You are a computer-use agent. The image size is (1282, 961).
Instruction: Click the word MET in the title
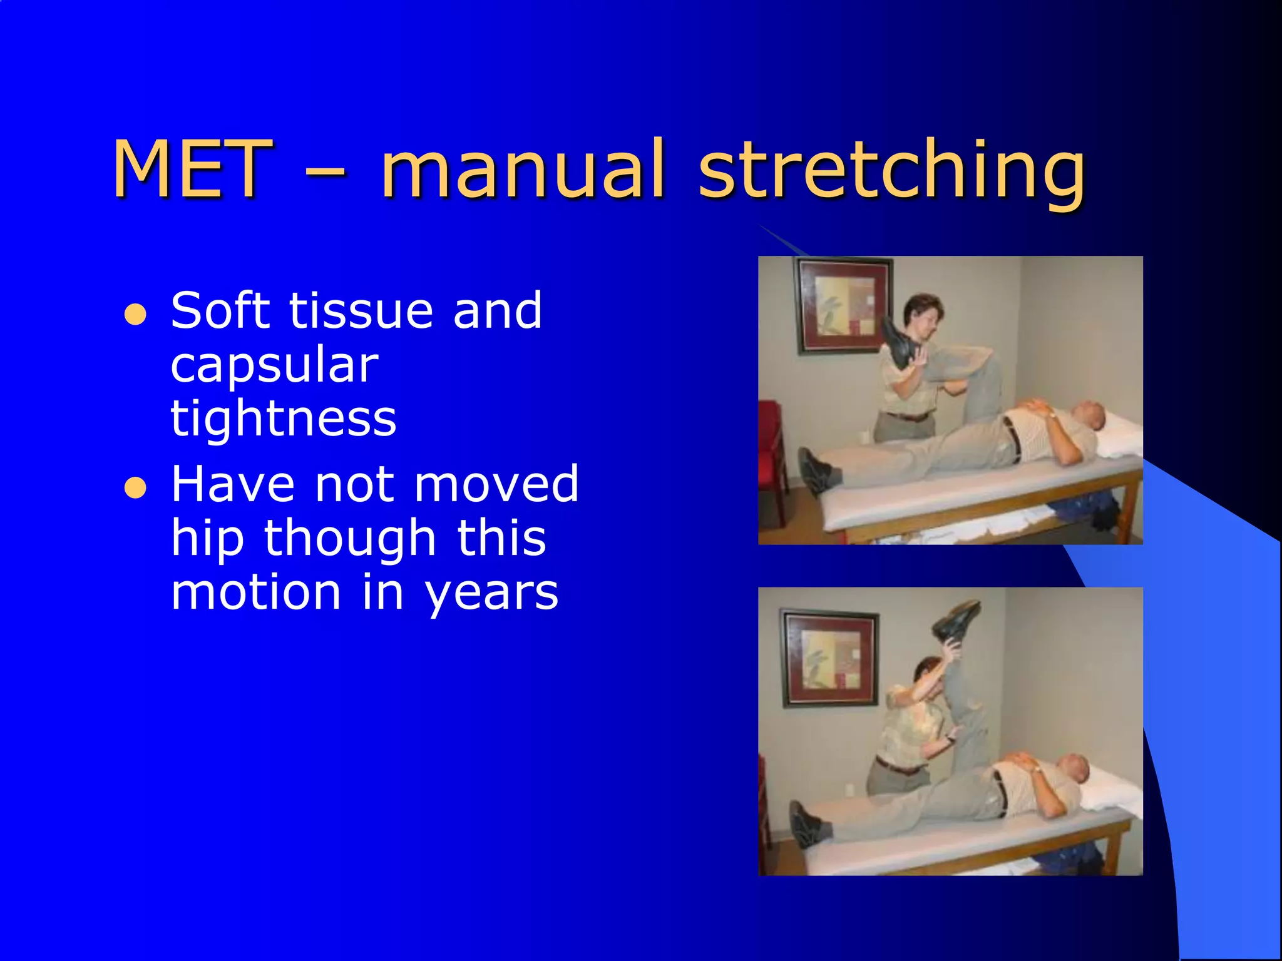193,169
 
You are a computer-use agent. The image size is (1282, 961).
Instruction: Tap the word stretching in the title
891,172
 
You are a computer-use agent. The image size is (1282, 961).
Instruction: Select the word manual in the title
523,169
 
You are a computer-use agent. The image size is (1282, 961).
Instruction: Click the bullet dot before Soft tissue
135,315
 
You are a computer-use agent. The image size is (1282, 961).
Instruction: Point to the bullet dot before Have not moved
135,487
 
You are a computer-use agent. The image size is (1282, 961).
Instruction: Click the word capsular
274,365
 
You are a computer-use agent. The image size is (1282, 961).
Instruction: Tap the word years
491,593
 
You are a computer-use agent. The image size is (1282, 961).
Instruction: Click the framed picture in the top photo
843,305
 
